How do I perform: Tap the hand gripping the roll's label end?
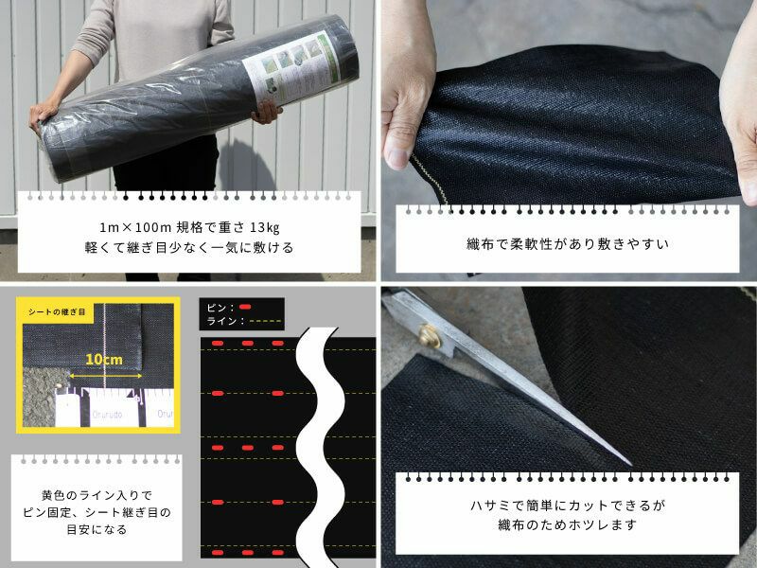(x=268, y=111)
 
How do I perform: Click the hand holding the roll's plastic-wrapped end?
(x=43, y=116)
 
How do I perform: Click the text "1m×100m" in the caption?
(x=134, y=226)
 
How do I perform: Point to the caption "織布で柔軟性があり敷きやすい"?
(x=569, y=243)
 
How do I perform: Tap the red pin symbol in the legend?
(x=245, y=308)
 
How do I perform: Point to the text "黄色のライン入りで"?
(x=97, y=494)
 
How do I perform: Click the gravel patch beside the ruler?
(x=38, y=402)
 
